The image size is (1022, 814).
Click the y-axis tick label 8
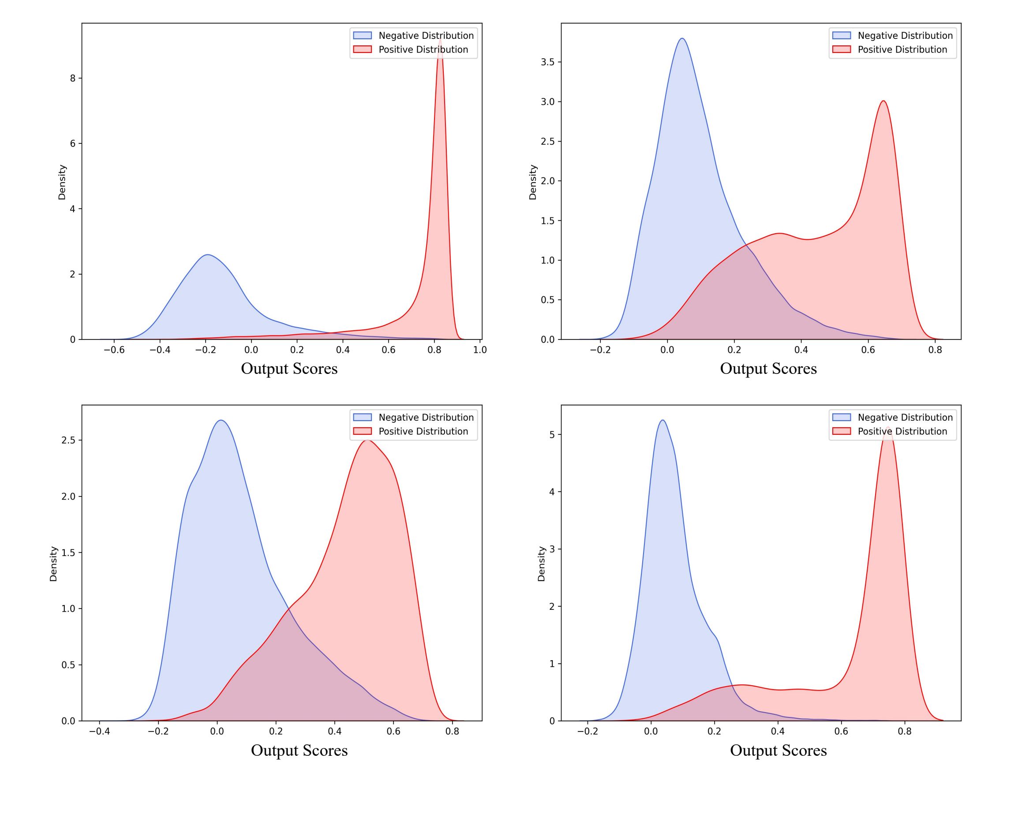[72, 78]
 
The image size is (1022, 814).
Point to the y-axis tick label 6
[72, 144]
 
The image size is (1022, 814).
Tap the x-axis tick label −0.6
[114, 350]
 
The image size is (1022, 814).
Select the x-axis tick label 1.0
[480, 350]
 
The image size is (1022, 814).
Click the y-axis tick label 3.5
[548, 62]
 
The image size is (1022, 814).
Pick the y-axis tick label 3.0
[548, 102]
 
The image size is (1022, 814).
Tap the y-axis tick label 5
[552, 434]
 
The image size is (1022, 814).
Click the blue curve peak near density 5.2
[662, 420]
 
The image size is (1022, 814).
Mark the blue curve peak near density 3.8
[681, 38]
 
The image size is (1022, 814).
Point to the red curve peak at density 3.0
[883, 101]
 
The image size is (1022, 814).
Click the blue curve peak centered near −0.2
[208, 255]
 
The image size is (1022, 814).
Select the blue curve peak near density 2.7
[221, 420]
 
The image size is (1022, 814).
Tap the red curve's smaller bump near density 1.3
[779, 233]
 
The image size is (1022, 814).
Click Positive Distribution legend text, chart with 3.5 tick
[902, 50]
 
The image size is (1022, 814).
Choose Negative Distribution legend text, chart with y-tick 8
[426, 36]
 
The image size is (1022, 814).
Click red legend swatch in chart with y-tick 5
[842, 431]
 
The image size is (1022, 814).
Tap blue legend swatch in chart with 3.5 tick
[842, 36]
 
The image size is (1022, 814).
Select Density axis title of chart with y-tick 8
[62, 183]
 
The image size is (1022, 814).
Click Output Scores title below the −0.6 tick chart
[289, 369]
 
